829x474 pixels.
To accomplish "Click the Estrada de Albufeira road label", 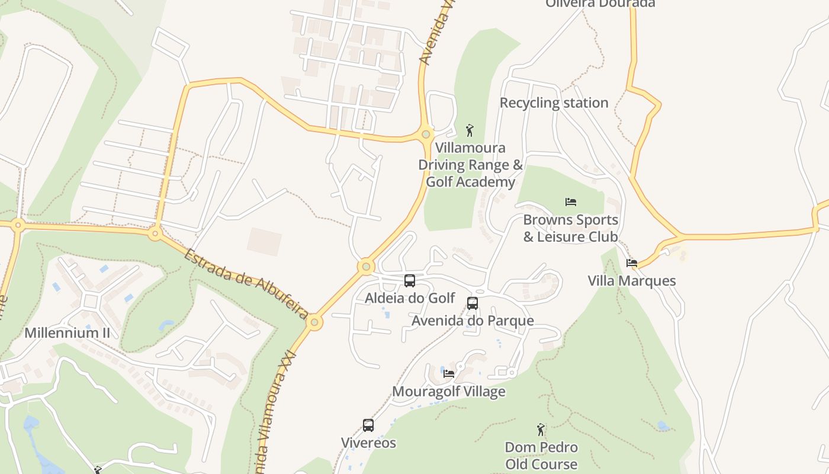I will (x=246, y=283).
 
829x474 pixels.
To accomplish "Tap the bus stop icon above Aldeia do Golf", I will (x=409, y=281).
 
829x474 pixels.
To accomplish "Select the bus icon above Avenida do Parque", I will (x=472, y=303).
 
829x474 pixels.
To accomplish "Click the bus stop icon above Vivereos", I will (x=368, y=425).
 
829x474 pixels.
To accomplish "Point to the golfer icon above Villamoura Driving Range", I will (x=470, y=130).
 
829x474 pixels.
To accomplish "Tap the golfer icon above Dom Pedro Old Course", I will (x=540, y=430).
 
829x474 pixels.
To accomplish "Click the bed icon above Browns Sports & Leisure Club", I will (x=571, y=202).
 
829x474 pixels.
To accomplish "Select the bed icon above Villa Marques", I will (x=632, y=263).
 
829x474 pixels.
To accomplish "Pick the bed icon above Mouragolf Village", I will (x=449, y=374).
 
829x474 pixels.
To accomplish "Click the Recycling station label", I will (x=554, y=103).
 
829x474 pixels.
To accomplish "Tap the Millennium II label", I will (x=67, y=333).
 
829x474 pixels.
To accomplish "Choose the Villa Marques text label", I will (x=632, y=281).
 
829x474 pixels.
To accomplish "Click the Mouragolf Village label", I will (x=448, y=392).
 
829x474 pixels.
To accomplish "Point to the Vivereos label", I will (x=368, y=443).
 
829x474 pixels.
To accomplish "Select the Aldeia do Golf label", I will (x=410, y=298).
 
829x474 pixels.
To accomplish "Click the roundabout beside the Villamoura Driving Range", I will (x=426, y=134).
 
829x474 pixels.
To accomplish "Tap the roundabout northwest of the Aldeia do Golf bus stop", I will (x=366, y=267).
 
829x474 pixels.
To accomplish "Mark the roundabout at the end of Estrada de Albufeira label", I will (x=314, y=323).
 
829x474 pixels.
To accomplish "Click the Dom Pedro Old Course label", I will (x=541, y=455).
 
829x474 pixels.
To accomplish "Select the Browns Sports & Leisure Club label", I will (x=570, y=228).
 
